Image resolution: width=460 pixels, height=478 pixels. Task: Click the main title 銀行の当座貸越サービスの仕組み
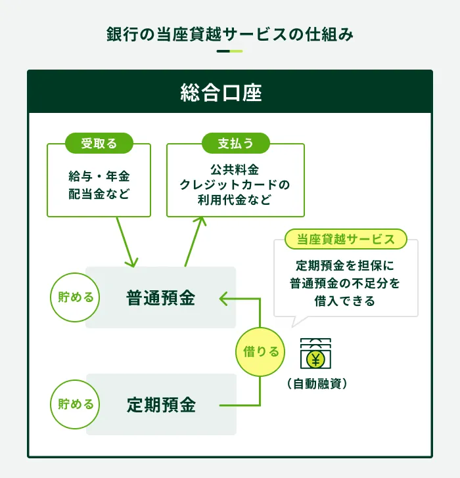(230, 34)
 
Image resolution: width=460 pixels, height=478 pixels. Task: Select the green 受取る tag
(99, 142)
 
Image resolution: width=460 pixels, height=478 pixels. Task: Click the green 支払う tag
(235, 142)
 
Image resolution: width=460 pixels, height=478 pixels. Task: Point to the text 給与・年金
(99, 177)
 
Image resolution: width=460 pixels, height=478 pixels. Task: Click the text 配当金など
(99, 194)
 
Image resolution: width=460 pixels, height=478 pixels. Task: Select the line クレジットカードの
(235, 185)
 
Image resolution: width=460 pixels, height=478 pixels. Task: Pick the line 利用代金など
(235, 200)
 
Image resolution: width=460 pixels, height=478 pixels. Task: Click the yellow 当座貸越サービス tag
(346, 239)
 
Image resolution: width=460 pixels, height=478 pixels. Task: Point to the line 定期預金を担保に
(345, 268)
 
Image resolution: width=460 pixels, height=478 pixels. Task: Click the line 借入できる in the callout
(345, 301)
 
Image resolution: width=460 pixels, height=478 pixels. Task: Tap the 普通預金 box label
(161, 297)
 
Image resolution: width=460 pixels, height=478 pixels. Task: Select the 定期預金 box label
(161, 404)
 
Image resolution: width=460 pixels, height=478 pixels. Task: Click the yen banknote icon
(315, 356)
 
